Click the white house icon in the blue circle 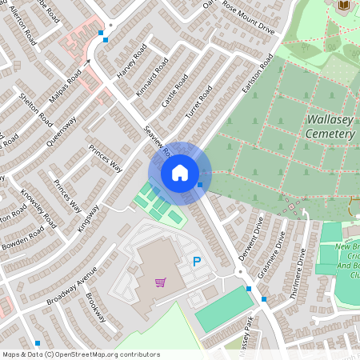point(180,173)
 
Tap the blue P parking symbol point(197,262)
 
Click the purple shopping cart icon point(161,282)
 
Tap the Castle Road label point(174,90)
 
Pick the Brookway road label point(95,306)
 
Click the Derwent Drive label point(250,238)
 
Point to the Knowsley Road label point(34,208)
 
